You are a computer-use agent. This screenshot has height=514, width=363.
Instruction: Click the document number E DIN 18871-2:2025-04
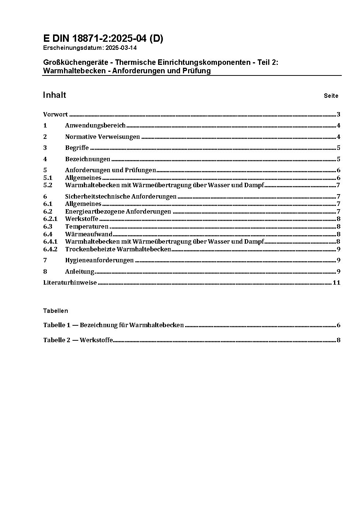point(103,39)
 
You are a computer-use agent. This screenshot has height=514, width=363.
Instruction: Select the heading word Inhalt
point(55,95)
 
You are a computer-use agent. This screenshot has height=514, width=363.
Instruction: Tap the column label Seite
point(331,96)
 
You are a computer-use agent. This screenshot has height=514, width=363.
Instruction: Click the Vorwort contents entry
point(55,115)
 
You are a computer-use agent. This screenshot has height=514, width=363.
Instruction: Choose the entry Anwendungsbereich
point(95,126)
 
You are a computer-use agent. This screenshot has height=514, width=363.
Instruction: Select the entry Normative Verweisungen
point(102,137)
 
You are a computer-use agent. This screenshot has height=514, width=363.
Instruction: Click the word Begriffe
point(77,148)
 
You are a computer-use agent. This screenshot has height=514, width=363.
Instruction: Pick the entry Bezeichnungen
point(87,159)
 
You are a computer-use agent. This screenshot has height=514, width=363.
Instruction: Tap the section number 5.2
point(48,185)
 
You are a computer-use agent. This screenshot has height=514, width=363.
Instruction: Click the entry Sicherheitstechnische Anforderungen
point(121,197)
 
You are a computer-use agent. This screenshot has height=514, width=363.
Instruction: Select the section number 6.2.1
point(50,219)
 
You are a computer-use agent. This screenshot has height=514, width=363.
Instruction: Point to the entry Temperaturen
point(87,227)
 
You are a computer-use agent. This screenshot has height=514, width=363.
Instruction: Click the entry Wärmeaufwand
point(89,234)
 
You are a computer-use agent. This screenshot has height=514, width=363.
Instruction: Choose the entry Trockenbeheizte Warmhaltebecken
point(118,249)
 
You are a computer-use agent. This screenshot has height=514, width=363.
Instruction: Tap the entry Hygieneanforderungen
point(99,260)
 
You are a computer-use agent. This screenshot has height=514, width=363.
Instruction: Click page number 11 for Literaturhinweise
point(336,283)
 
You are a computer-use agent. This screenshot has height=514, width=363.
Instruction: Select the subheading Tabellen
point(55,311)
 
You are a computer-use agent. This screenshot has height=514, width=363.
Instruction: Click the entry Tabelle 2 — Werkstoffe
point(78,340)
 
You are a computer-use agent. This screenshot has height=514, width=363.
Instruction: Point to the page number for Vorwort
point(338,115)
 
